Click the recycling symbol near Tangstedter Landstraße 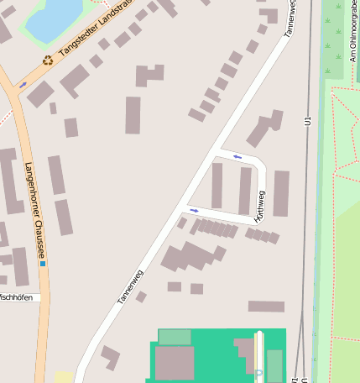pyautogui.click(x=48, y=60)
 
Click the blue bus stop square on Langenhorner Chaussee pyautogui.click(x=43, y=264)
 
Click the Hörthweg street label pyautogui.click(x=259, y=207)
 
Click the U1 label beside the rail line pyautogui.click(x=309, y=122)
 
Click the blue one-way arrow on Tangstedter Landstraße pyautogui.click(x=23, y=85)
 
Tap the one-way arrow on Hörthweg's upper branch pyautogui.click(x=237, y=156)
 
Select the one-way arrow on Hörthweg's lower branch pyautogui.click(x=195, y=210)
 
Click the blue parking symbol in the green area pyautogui.click(x=258, y=372)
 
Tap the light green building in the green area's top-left pyautogui.click(x=175, y=338)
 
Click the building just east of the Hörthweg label pyautogui.click(x=281, y=193)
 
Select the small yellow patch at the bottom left pyautogui.click(x=64, y=377)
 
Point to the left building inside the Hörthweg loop pyautogui.click(x=217, y=186)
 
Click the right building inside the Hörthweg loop pyautogui.click(x=244, y=191)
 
